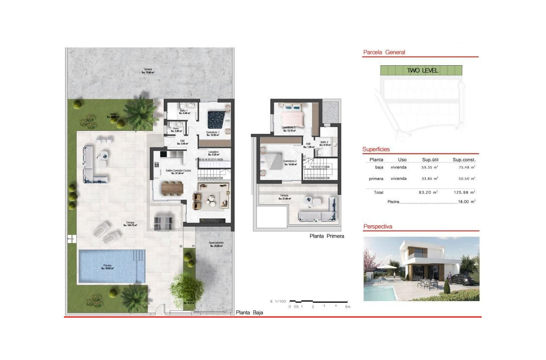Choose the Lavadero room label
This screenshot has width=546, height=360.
213,152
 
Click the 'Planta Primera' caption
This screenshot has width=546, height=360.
327,236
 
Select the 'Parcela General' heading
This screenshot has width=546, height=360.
384,53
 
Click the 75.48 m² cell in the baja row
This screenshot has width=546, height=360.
464,167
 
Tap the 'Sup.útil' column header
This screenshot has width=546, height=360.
432,160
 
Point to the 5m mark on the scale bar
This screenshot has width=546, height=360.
347,306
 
